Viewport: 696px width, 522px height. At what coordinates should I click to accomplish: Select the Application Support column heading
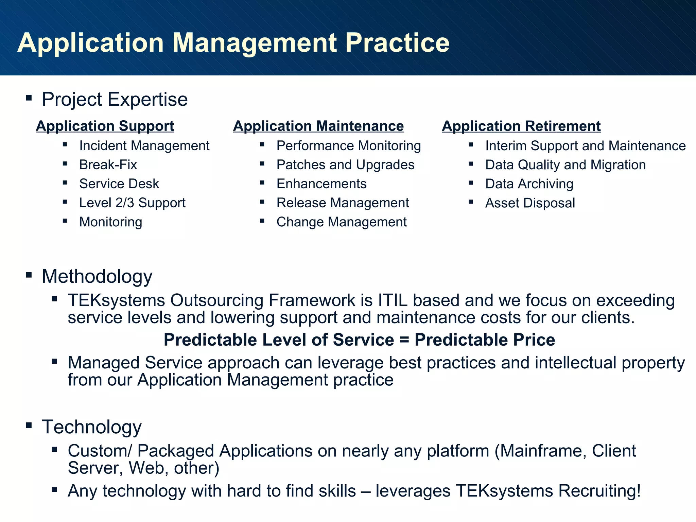click(x=105, y=126)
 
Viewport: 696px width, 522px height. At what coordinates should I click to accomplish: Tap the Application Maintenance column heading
click(x=318, y=126)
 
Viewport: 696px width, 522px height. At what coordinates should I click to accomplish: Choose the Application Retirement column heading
click(x=521, y=126)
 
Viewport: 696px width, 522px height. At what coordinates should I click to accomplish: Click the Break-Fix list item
click(x=108, y=165)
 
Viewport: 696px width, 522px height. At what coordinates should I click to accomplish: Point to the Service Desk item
click(x=119, y=184)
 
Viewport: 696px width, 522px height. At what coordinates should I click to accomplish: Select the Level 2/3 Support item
click(x=132, y=203)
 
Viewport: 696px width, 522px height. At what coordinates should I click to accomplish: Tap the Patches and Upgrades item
click(x=345, y=165)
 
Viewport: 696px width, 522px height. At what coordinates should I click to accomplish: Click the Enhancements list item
click(x=321, y=184)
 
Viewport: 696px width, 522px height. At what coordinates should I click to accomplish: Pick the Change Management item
click(x=342, y=222)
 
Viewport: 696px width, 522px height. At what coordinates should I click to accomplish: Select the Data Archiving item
click(x=529, y=184)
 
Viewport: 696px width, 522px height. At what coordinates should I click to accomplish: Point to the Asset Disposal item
click(x=530, y=203)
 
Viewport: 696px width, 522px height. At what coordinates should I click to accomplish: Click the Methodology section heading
click(x=97, y=276)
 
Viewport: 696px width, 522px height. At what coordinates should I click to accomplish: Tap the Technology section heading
click(x=92, y=427)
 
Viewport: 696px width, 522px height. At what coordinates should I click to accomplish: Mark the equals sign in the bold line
click(x=404, y=340)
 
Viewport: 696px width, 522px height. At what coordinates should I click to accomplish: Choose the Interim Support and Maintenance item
click(x=585, y=146)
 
